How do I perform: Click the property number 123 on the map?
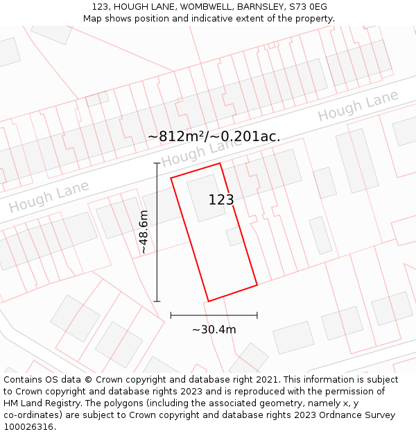coord(221,200)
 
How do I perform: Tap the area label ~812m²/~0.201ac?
coord(214,136)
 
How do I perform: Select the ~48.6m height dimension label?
coord(143,232)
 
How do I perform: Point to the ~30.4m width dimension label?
coord(214,329)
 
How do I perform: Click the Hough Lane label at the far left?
coord(49,197)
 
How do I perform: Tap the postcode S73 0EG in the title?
coord(309,7)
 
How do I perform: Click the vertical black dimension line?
coord(157,232)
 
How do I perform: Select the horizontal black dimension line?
coord(214,315)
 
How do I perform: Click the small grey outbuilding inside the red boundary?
coord(234,237)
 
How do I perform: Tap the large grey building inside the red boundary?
coord(206,198)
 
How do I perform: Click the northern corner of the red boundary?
coord(220,164)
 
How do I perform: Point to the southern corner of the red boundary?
coord(209,301)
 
